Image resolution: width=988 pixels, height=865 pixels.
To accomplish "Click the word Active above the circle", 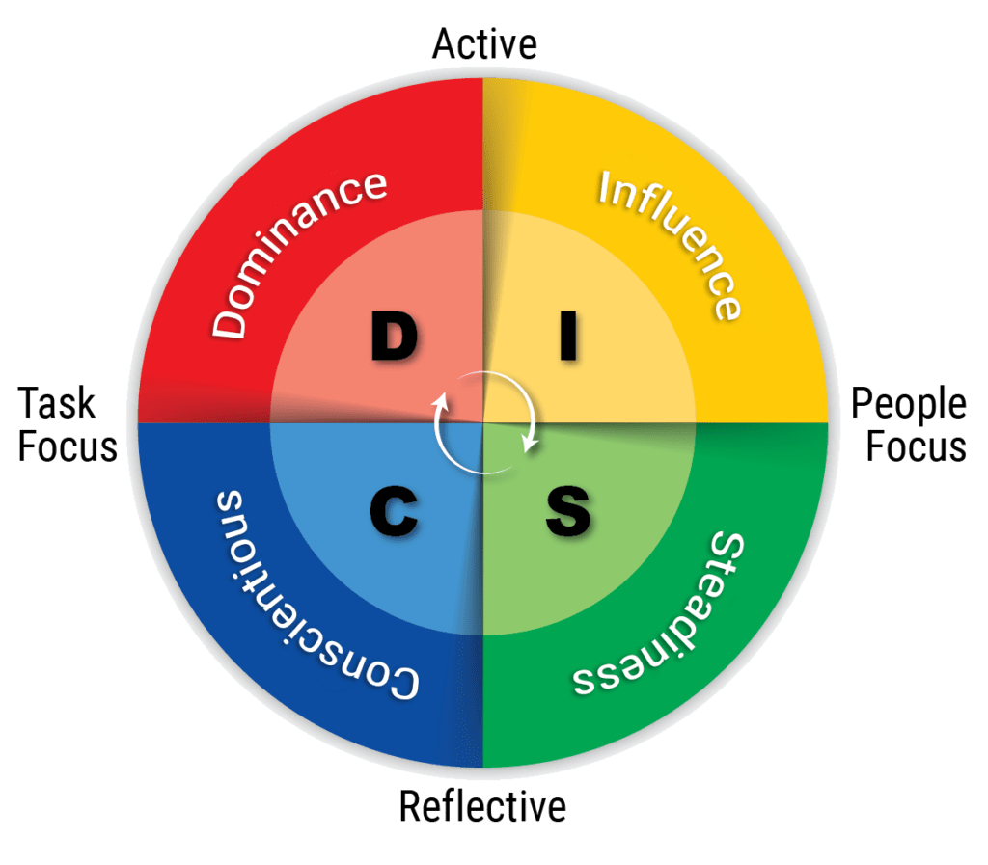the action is click(x=484, y=44).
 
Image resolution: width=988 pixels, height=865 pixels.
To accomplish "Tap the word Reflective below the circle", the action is click(x=482, y=806).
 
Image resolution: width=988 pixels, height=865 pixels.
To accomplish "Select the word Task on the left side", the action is click(x=56, y=403).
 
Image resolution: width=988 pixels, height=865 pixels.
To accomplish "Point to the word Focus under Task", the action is click(x=68, y=446).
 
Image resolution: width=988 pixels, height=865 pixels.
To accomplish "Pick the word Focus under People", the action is click(x=917, y=446).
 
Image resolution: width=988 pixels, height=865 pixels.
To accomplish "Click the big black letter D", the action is click(x=394, y=337).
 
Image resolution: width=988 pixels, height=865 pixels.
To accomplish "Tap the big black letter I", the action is click(x=568, y=337).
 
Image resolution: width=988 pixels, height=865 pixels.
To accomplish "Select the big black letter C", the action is click(x=394, y=510).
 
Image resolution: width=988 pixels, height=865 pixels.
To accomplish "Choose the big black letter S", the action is click(x=568, y=510).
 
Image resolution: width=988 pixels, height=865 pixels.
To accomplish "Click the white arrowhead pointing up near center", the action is click(x=440, y=401).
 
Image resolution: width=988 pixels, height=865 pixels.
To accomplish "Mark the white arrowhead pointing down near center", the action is click(x=530, y=444).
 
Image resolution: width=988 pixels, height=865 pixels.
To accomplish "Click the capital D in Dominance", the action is click(x=228, y=321).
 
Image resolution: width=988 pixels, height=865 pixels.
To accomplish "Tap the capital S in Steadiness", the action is click(x=727, y=548).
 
